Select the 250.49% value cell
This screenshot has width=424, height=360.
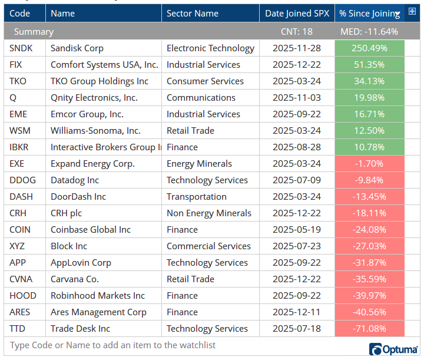tap(369, 48)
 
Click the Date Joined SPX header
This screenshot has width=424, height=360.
tap(297, 13)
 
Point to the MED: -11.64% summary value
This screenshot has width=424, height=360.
tap(369, 32)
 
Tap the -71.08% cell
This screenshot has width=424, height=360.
tap(369, 329)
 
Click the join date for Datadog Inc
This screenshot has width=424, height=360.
tap(297, 180)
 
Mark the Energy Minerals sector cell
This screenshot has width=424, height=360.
tap(199, 164)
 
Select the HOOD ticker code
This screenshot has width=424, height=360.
tap(23, 296)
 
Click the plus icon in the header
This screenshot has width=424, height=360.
tap(412, 11)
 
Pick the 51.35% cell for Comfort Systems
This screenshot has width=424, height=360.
tap(369, 65)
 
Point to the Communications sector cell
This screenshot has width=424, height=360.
tap(201, 98)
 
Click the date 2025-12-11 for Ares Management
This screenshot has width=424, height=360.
tap(297, 312)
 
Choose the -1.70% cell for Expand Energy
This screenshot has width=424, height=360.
tap(369, 164)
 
